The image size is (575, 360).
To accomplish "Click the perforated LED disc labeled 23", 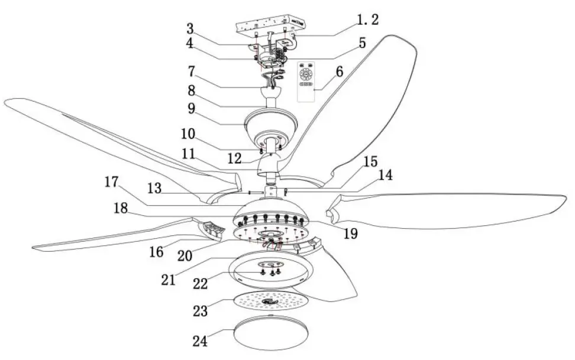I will (x=270, y=302).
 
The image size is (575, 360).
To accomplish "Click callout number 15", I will (x=370, y=161).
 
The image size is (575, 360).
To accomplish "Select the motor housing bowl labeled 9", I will (x=272, y=123).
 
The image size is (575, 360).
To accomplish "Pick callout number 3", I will (x=190, y=29).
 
